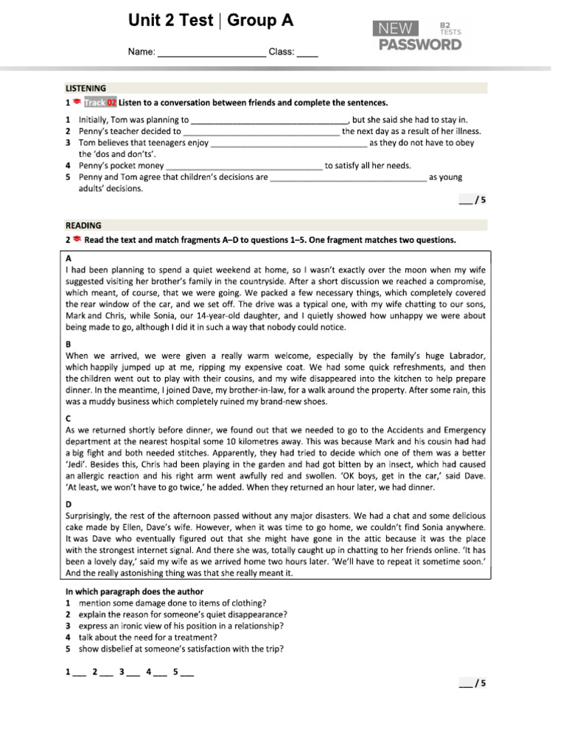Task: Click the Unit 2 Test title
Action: coord(211,21)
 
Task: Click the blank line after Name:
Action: coord(212,53)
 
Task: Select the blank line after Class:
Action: coord(307,53)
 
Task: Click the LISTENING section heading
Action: coord(85,88)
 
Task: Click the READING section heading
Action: coord(83,225)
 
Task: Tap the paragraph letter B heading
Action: coord(69,344)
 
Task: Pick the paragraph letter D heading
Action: coord(69,504)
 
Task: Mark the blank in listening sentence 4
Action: coord(245,166)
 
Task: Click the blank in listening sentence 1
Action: coord(268,120)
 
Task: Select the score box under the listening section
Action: coord(472,200)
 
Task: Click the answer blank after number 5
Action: coord(186,672)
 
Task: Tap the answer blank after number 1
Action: coord(80,672)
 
